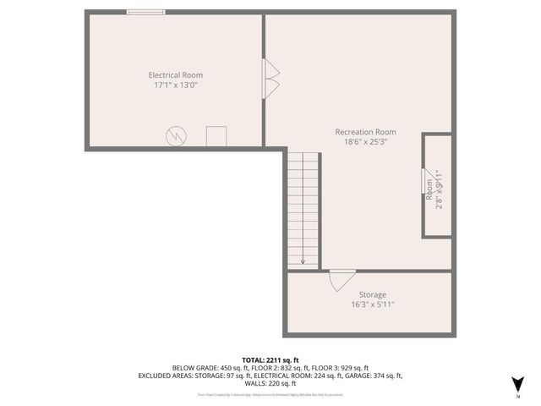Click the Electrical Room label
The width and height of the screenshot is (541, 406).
[175, 74]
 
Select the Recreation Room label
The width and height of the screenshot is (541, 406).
[365, 132]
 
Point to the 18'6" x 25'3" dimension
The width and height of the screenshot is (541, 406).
[365, 142]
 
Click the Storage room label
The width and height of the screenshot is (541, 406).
[372, 295]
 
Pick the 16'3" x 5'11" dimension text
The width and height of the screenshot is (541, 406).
[372, 305]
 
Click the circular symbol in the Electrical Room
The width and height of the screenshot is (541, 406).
[176, 134]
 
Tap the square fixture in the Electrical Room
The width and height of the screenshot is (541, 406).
[216, 135]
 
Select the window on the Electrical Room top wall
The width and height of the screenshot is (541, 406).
[145, 12]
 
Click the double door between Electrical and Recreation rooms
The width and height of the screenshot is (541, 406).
[271, 79]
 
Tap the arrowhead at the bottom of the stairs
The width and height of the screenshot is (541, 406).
[303, 261]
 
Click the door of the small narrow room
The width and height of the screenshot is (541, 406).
[424, 182]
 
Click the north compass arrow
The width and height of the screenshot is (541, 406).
[517, 383]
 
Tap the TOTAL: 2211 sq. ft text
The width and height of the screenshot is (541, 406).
[270, 359]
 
